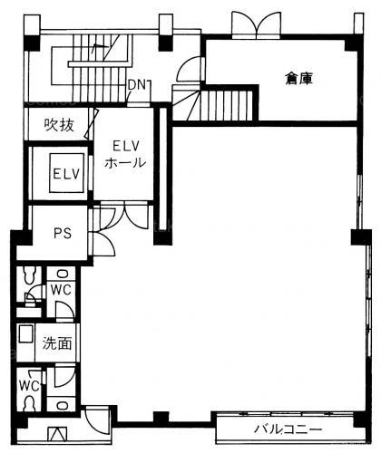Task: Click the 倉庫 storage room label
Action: [298, 79]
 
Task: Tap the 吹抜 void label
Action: [59, 125]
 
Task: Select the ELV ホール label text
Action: [125, 154]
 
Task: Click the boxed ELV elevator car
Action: [67, 173]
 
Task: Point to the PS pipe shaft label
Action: [63, 233]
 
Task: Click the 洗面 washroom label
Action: [57, 343]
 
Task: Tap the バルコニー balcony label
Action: [288, 429]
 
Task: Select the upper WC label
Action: [61, 290]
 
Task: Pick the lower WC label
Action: [29, 386]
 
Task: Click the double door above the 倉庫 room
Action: [257, 25]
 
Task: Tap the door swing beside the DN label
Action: [189, 69]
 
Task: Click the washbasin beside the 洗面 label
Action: [26, 333]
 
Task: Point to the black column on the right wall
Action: [361, 237]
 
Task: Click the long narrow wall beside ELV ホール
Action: [163, 174]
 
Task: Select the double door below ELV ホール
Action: [124, 215]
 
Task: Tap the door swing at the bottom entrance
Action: [97, 421]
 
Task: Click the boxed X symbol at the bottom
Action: [57, 434]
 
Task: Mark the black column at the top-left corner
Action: [32, 43]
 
